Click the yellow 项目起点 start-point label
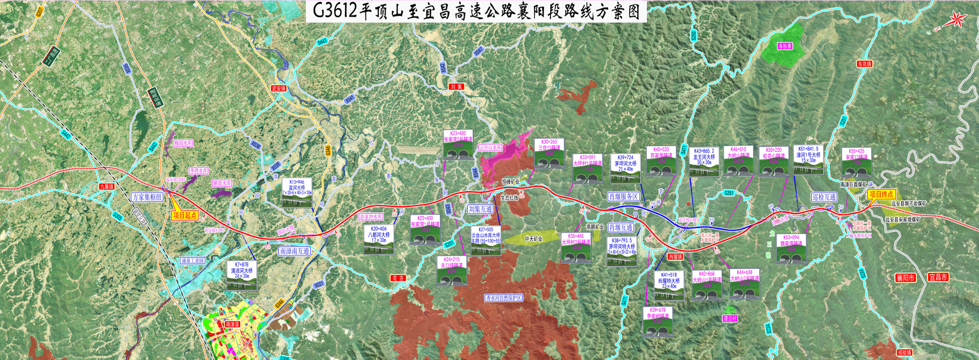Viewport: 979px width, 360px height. point(185,216)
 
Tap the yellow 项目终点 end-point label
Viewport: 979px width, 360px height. point(881,194)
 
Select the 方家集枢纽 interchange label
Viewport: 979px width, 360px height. point(146,197)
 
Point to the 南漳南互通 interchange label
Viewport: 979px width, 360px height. point(295,251)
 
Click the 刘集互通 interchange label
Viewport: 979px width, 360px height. point(480,209)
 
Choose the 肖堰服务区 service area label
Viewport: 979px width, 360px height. point(623,197)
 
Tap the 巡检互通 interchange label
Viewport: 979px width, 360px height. point(823,197)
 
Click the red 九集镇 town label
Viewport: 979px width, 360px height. point(107,187)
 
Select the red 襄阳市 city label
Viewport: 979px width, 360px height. point(905,278)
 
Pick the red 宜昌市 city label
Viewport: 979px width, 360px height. point(938,277)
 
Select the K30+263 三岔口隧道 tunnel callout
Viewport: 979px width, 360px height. point(549,153)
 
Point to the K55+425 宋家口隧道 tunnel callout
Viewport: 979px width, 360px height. point(856,163)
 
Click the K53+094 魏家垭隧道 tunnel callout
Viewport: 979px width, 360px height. point(790,248)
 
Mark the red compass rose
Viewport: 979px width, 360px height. point(957,20)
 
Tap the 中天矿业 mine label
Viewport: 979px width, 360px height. point(533,239)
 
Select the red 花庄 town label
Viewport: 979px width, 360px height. point(398,278)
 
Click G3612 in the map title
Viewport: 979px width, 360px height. point(334,11)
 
